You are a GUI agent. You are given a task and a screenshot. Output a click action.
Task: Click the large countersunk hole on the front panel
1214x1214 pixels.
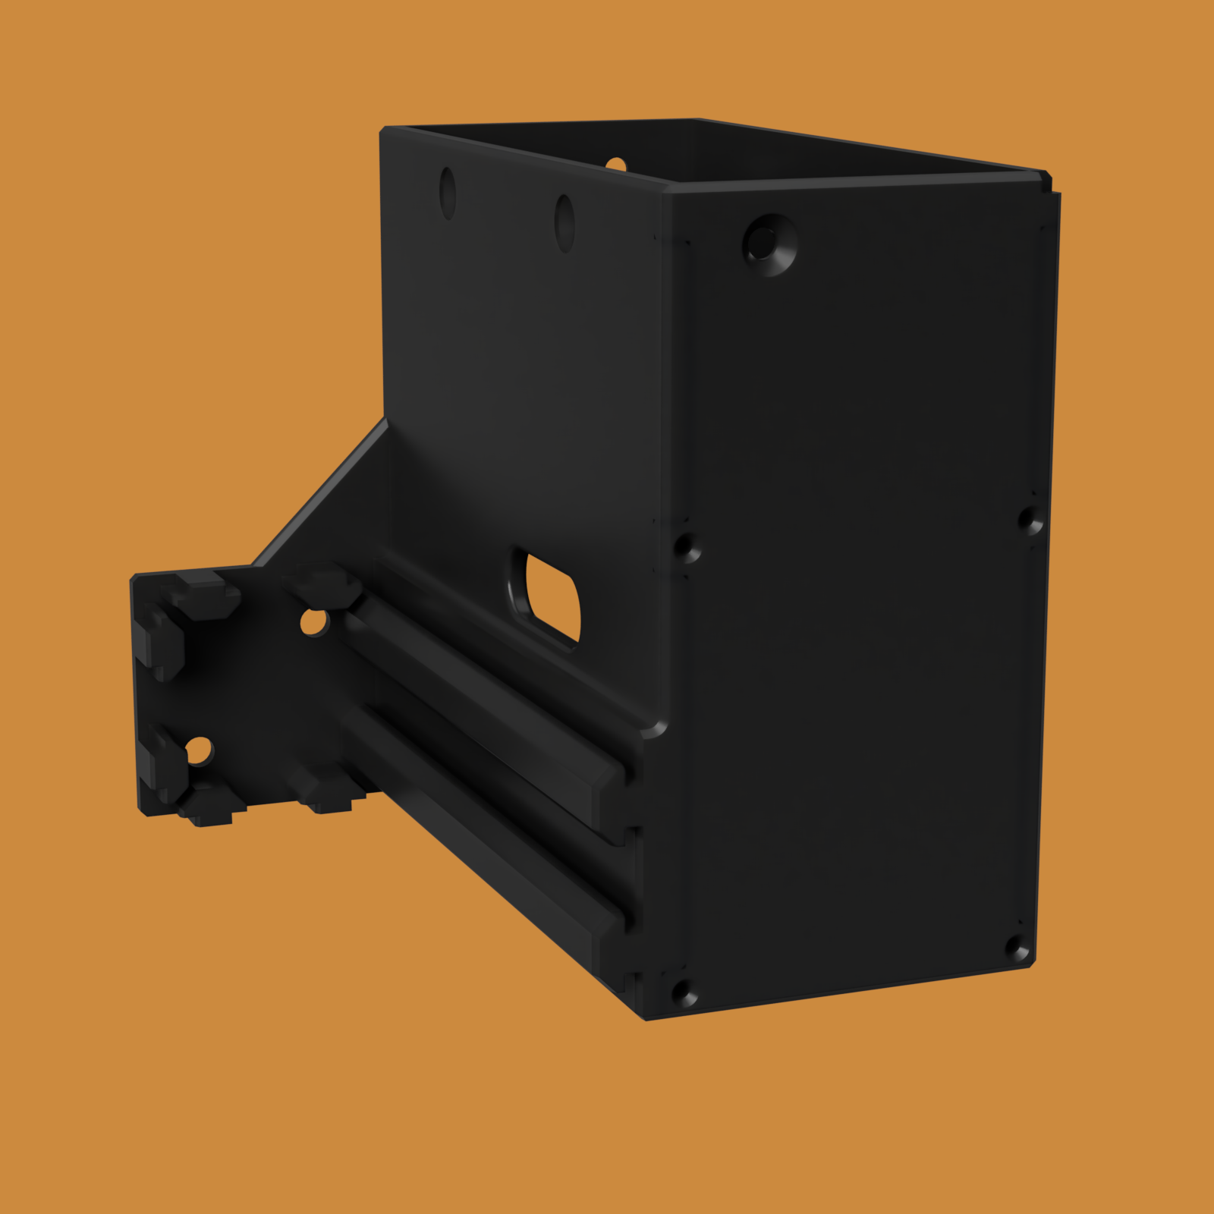click(x=769, y=244)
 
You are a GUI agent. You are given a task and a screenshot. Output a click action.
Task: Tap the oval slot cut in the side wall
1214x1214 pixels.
click(x=548, y=598)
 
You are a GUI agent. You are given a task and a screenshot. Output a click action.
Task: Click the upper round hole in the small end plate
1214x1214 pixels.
click(x=313, y=623)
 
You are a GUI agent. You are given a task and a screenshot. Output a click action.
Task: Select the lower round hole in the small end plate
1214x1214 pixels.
click(x=199, y=752)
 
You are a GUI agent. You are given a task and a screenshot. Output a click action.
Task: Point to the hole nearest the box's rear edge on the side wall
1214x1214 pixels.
click(x=448, y=193)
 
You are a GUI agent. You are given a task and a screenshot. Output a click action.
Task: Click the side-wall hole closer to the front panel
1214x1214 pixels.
click(x=564, y=222)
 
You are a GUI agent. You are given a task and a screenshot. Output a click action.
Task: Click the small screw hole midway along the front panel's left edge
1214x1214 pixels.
click(x=686, y=547)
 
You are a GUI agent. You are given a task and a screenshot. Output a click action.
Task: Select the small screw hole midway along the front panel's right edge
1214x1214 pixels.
click(x=1030, y=521)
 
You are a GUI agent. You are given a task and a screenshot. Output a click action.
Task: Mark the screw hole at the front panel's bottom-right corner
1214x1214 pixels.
click(x=1017, y=948)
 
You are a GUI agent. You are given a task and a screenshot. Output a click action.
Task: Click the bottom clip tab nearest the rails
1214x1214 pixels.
click(x=330, y=797)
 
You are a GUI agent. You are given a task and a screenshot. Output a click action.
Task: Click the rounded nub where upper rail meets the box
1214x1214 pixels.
click(x=653, y=730)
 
